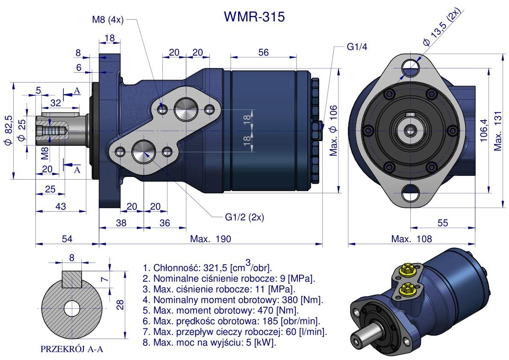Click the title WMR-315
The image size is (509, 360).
pyautogui.click(x=254, y=17)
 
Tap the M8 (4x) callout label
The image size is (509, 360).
pyautogui.click(x=107, y=20)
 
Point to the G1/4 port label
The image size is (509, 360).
pyautogui.click(x=357, y=47)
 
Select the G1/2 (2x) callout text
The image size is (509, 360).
pyautogui.click(x=244, y=217)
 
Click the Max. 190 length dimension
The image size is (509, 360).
pyautogui.click(x=210, y=239)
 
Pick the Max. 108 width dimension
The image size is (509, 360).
pyautogui.click(x=412, y=239)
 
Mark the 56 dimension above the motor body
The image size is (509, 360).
pyautogui.click(x=264, y=52)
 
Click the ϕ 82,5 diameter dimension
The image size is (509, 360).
pyautogui.click(x=7, y=130)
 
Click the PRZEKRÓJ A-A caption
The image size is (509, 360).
pyautogui.click(x=72, y=349)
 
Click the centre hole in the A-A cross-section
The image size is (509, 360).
pyautogui.click(x=72, y=308)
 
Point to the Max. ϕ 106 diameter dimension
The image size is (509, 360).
pyautogui.click(x=334, y=130)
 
